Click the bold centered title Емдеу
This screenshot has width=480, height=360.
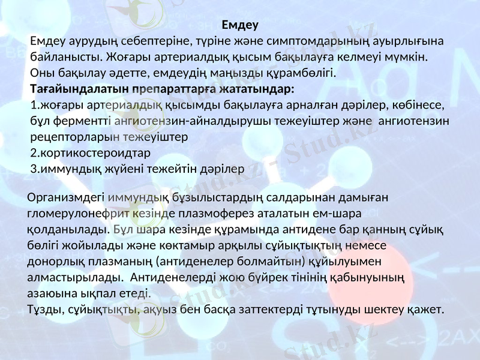(239, 25)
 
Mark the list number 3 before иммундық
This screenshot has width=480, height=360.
(33, 169)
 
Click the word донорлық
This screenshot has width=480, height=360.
(53, 262)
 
